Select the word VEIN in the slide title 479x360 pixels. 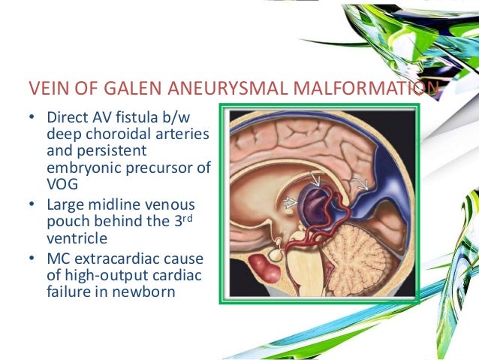coord(47,92)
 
